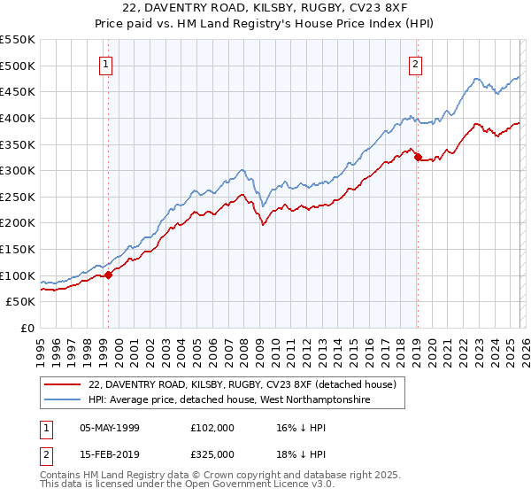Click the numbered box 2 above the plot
[416, 63]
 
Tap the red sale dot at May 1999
[108, 275]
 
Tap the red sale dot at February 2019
[417, 157]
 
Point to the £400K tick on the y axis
[18, 118]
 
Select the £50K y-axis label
[20, 302]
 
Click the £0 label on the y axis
[27, 329]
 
